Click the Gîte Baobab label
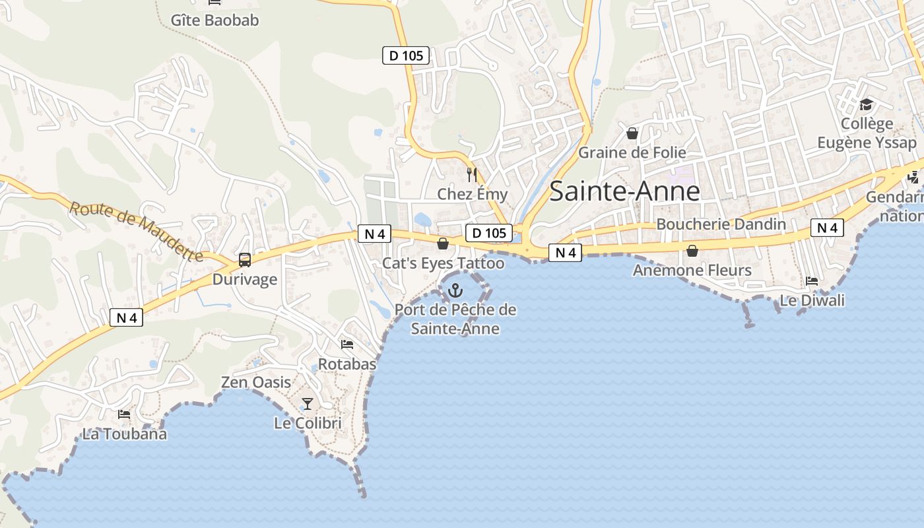pos(214,20)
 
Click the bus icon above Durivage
pos(245,260)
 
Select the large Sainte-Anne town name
pos(624,191)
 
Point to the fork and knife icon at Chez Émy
pos(471,175)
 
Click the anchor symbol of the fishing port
pos(455,290)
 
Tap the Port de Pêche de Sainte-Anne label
pos(455,319)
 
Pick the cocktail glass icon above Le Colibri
pos(308,403)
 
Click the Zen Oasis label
pos(255,382)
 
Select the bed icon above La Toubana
pos(124,414)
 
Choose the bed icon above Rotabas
pos(347,345)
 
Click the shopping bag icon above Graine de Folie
pos(632,133)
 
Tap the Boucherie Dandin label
pos(721,224)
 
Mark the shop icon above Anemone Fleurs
pos(692,251)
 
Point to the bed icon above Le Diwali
pos(812,281)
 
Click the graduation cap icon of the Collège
pos(866,104)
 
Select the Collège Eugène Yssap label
pos(867,133)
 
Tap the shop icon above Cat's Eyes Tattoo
pos(443,244)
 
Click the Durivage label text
pos(245,279)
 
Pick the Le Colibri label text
pos(308,423)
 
